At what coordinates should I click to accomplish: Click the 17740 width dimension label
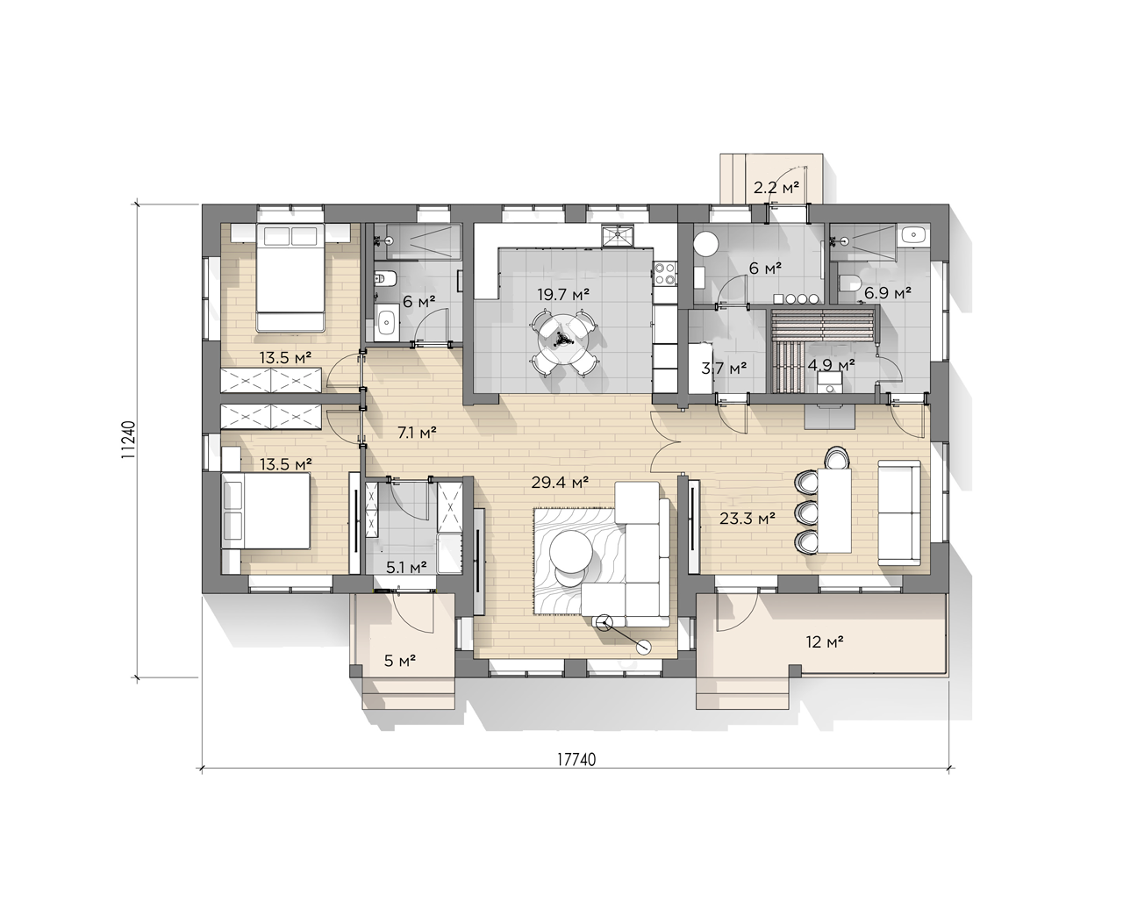click(576, 760)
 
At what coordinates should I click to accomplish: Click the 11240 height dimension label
click(129, 439)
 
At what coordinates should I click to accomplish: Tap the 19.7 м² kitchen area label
click(563, 294)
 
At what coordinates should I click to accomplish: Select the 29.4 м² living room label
click(560, 482)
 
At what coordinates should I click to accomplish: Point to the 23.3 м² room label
click(747, 519)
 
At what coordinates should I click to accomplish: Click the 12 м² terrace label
click(825, 641)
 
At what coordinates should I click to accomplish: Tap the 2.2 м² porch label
click(776, 187)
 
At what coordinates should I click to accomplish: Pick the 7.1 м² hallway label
click(417, 433)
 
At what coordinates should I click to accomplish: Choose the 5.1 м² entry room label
click(406, 567)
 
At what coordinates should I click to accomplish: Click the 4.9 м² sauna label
click(832, 365)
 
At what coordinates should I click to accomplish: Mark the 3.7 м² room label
click(724, 368)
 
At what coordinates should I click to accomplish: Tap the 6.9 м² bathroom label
click(888, 292)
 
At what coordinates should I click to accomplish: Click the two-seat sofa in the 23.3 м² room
click(899, 513)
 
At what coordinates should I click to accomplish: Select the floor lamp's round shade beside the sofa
click(643, 648)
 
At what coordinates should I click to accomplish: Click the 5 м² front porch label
click(400, 661)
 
